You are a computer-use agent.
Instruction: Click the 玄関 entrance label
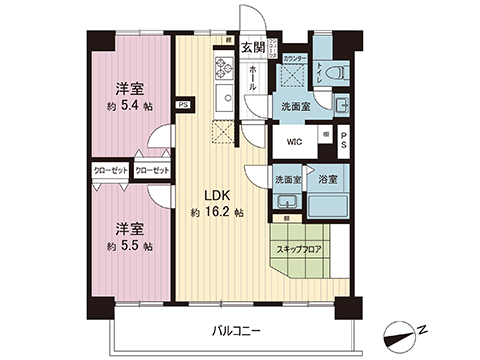[x=252, y=47]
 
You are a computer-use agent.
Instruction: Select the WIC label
[x=294, y=142]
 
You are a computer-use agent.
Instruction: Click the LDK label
[x=219, y=195]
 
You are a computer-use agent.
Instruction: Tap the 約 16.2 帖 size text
[x=218, y=212]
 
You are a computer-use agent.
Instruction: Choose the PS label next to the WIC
[x=343, y=142]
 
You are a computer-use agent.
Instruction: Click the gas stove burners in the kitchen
[x=222, y=71]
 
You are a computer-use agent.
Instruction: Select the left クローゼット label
[x=111, y=170]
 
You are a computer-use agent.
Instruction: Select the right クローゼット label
[x=151, y=170]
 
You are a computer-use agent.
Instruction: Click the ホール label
[x=252, y=73]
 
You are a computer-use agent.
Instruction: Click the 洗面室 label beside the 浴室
[x=288, y=179]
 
